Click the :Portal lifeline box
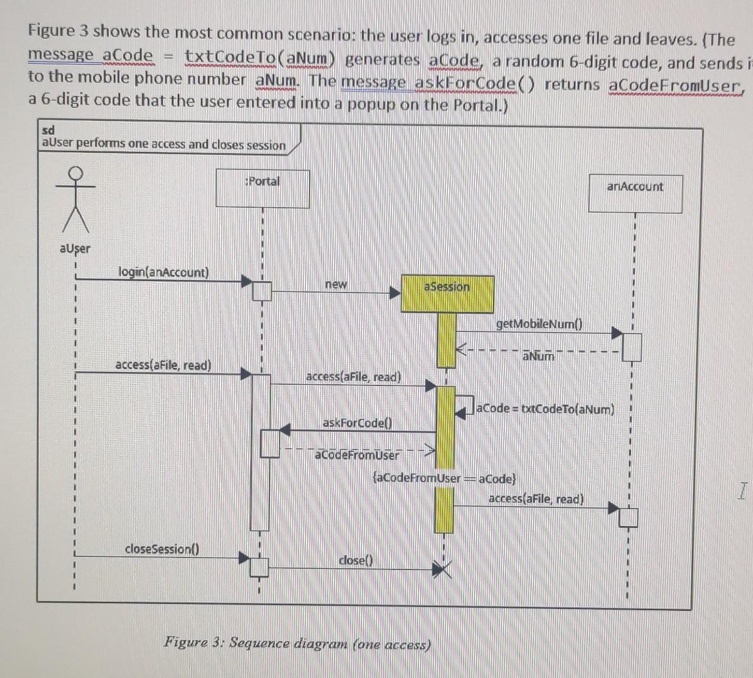[263, 188]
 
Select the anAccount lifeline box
[635, 193]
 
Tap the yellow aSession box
[447, 293]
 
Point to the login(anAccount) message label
[163, 272]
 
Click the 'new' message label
[336, 284]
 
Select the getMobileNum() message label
[539, 324]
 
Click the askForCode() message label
[356, 422]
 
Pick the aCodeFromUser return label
[356, 455]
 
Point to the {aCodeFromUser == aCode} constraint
[444, 478]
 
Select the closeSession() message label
[161, 549]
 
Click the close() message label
[355, 560]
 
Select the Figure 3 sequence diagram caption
[297, 643]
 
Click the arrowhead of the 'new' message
[394, 293]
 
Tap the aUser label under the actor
[75, 249]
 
